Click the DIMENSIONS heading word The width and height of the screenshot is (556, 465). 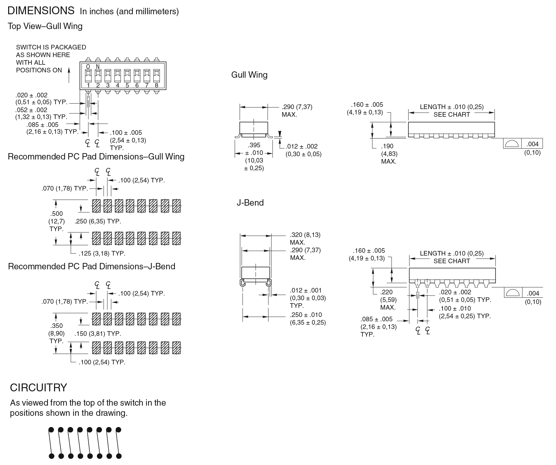(41, 11)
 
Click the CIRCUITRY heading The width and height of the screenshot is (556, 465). (38, 388)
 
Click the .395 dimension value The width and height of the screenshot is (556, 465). (254, 145)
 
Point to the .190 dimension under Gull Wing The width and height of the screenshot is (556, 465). (387, 146)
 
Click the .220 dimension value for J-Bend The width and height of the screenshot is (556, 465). (386, 292)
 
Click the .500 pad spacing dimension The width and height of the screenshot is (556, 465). (57, 214)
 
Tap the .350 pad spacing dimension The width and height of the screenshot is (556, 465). (57, 326)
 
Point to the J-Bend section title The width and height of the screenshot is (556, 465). (250, 203)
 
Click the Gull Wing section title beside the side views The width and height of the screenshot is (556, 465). (249, 75)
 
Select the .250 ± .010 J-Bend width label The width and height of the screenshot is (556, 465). (306, 315)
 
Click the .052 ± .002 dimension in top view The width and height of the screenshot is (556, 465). (31, 110)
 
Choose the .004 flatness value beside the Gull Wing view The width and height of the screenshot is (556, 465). (533, 144)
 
